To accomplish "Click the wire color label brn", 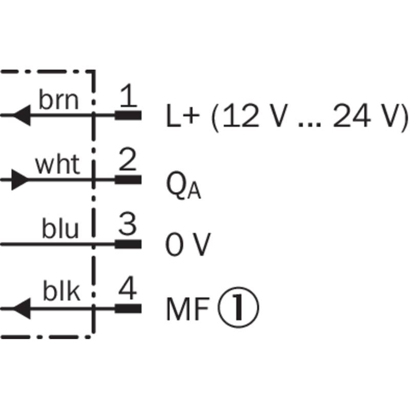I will pyautogui.click(x=59, y=100).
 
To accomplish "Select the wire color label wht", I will pyautogui.click(x=57, y=165).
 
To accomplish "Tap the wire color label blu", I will pyautogui.click(x=60, y=230).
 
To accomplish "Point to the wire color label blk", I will pyautogui.click(x=61, y=293).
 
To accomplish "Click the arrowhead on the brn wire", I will pyautogui.click(x=20, y=115).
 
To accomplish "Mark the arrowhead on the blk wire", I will pyautogui.click(x=20, y=308).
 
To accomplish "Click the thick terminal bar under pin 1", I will pyautogui.click(x=128, y=115).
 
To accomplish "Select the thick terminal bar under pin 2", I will pyautogui.click(x=128, y=180).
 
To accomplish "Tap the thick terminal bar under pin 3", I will pyautogui.click(x=128, y=244).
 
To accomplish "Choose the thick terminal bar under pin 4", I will pyautogui.click(x=128, y=308).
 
